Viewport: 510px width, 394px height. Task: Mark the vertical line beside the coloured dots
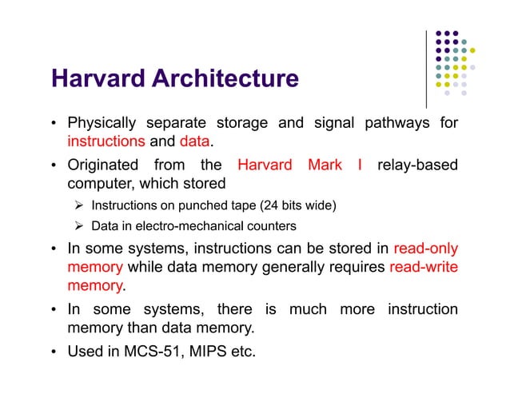point(426,68)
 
